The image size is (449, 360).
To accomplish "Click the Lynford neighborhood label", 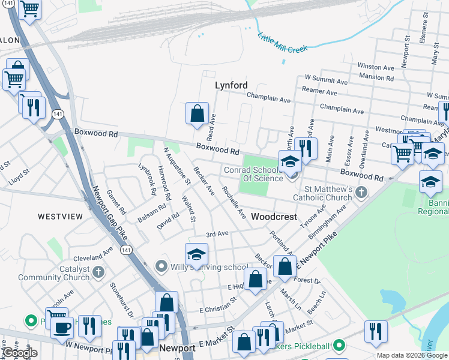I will point(231,86).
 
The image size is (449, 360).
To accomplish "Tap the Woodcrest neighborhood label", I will point(274,217).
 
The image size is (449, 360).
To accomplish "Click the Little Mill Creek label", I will point(282,43).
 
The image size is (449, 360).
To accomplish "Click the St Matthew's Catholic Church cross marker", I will point(360,193).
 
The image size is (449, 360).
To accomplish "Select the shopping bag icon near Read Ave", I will point(197,113).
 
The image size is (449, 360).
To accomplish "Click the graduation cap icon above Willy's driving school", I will point(196,255).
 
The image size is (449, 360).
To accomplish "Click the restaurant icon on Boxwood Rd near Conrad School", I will point(306,149).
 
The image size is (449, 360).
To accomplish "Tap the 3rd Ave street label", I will point(217,234).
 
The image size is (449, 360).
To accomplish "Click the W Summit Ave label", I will point(326,79).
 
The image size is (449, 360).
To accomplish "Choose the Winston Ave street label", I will point(375,66).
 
